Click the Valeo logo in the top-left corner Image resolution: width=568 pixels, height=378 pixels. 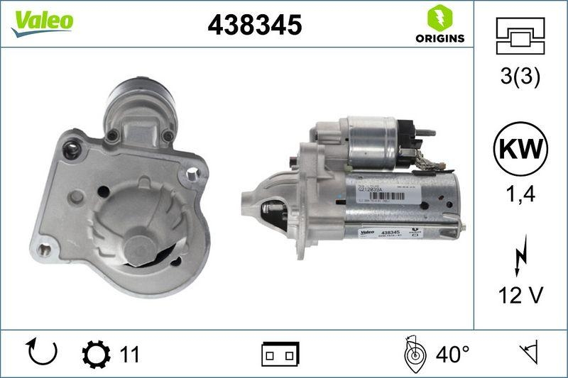click(x=42, y=21)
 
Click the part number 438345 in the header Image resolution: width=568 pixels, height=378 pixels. click(x=255, y=26)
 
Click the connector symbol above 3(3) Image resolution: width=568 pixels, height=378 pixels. click(x=520, y=39)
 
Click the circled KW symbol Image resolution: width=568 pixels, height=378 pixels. click(x=520, y=150)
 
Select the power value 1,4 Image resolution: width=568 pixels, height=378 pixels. click(x=520, y=195)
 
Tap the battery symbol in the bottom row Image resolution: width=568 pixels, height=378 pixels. click(x=280, y=352)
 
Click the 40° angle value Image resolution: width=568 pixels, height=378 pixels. click(x=452, y=352)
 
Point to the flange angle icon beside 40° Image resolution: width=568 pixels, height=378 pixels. click(x=413, y=352)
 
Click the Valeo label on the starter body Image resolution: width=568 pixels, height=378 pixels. click(x=365, y=233)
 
